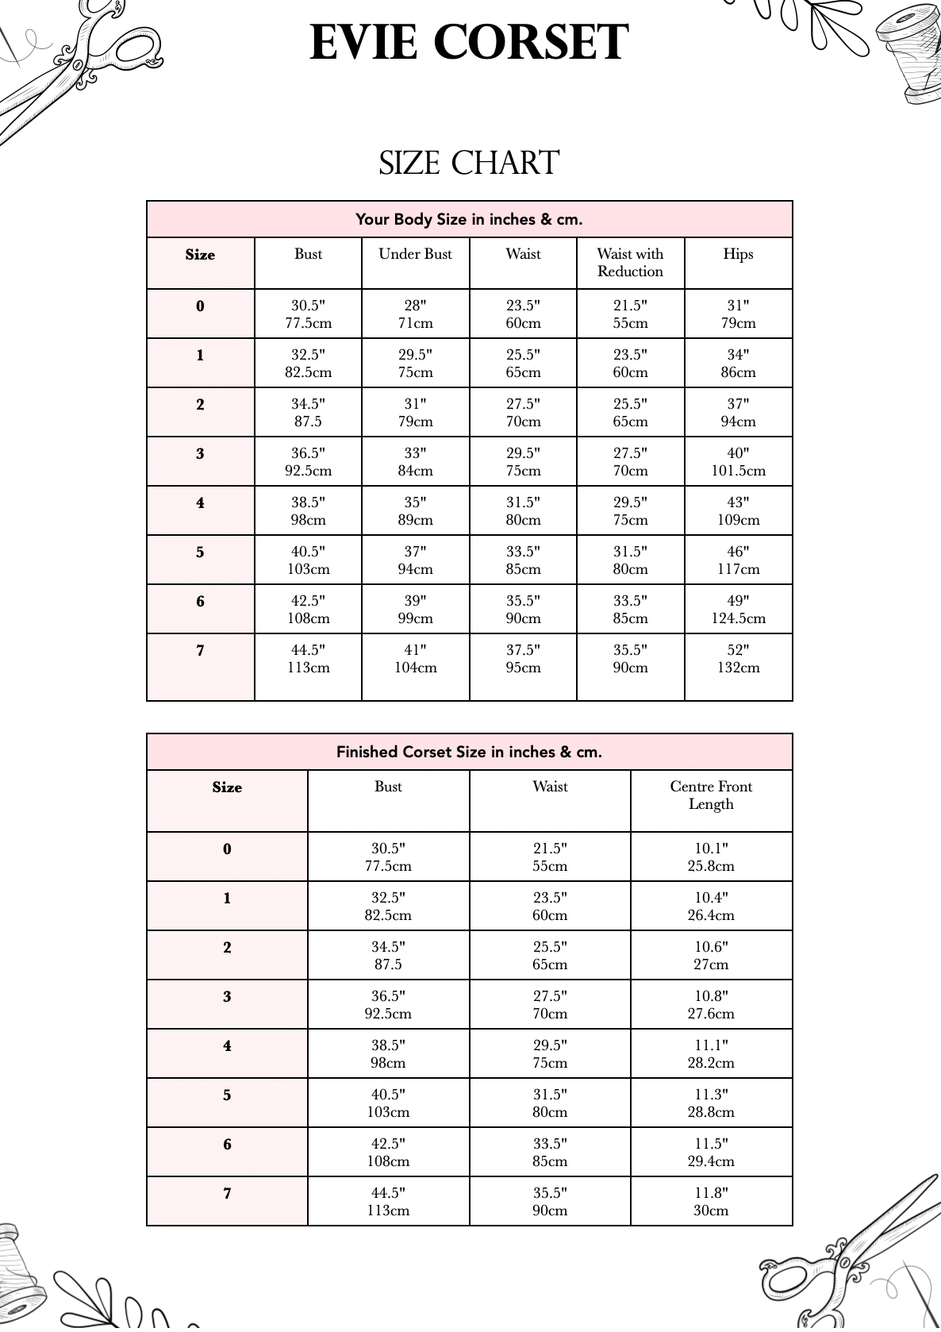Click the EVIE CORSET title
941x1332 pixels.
click(x=469, y=43)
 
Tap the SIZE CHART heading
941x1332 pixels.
click(x=469, y=163)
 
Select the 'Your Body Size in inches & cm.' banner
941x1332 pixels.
click(x=469, y=219)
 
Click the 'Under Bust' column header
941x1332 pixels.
click(x=415, y=255)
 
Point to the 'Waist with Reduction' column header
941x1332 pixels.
click(x=630, y=263)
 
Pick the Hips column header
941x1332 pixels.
click(x=738, y=255)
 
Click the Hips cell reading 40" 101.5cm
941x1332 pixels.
click(x=738, y=462)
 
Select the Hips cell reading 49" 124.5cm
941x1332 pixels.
click(x=738, y=610)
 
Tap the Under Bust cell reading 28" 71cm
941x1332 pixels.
click(x=415, y=314)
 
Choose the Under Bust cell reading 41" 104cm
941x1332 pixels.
click(x=415, y=659)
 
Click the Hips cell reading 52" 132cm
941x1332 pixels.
click(x=738, y=659)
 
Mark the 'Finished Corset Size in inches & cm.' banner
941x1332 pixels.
click(x=469, y=752)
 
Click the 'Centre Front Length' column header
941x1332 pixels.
click(x=711, y=795)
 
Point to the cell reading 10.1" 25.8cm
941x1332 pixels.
click(x=711, y=857)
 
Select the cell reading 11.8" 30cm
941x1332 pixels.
click(x=711, y=1202)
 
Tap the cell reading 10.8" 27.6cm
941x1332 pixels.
click(x=711, y=1005)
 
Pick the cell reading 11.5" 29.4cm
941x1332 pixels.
click(x=711, y=1153)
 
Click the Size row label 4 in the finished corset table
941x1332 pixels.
click(x=227, y=1046)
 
